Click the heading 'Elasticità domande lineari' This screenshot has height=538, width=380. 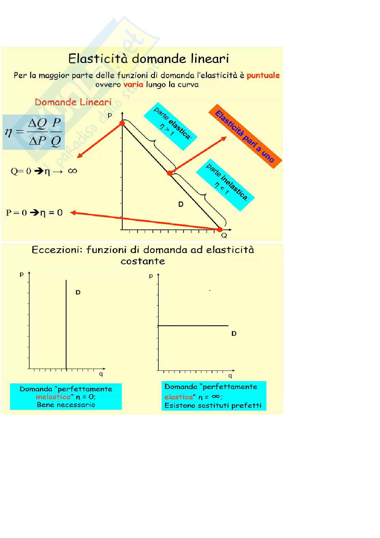click(x=148, y=59)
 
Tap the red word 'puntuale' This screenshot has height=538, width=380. click(x=263, y=75)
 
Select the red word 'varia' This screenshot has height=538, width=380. click(x=133, y=84)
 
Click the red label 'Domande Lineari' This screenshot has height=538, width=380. click(x=73, y=102)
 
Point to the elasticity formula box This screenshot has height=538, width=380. click(x=34, y=132)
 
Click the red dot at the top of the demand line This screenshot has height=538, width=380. click(x=122, y=124)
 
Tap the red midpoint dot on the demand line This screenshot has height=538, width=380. click(x=170, y=173)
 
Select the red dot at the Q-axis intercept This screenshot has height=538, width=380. click(x=220, y=230)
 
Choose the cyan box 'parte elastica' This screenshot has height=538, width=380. click(x=171, y=126)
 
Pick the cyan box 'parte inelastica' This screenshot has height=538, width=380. click(x=225, y=185)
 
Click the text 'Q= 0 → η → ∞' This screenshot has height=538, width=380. click(x=44, y=171)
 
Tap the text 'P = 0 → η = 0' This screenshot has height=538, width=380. click(x=34, y=213)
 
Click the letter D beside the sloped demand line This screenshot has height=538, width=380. click(x=181, y=204)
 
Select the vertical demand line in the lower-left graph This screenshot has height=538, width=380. click(x=66, y=323)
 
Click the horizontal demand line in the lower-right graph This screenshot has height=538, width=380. click(x=193, y=326)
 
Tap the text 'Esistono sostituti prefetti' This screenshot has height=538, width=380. click(x=213, y=405)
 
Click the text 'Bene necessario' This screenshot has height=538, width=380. click(x=66, y=405)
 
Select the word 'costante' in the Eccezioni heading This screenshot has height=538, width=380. click(x=143, y=261)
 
